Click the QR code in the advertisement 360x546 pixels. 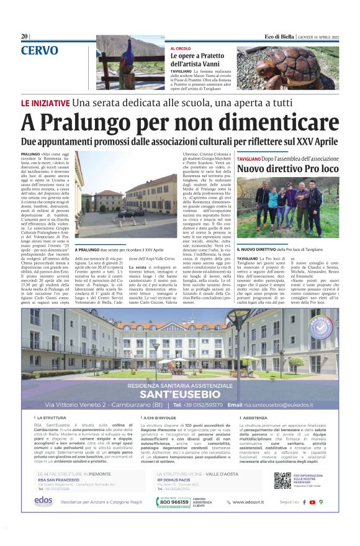282,480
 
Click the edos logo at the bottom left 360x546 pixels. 43,500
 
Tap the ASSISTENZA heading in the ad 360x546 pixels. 254,419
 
